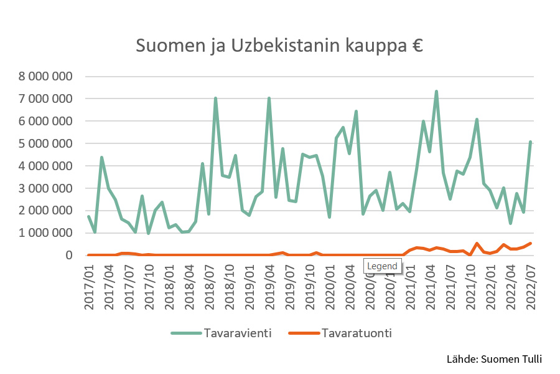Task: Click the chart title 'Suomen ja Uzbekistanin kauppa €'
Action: pyautogui.click(x=279, y=46)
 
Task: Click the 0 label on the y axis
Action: pyautogui.click(x=68, y=256)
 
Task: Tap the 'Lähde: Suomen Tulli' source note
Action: pyautogui.click(x=494, y=359)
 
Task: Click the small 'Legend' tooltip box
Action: pyautogui.click(x=382, y=266)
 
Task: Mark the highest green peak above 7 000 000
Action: pyautogui.click(x=436, y=92)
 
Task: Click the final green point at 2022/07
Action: pyautogui.click(x=530, y=142)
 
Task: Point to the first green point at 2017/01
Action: pyautogui.click(x=88, y=216)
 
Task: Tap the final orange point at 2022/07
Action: pyautogui.click(x=530, y=243)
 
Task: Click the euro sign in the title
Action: pyautogui.click(x=416, y=46)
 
